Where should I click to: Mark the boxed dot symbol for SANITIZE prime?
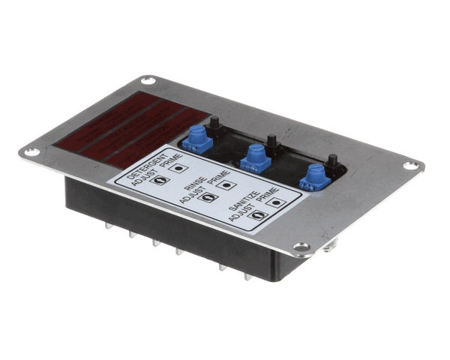[277, 202]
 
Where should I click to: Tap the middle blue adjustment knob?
[254, 157]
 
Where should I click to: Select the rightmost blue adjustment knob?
[311, 178]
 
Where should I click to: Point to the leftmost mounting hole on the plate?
[30, 152]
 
